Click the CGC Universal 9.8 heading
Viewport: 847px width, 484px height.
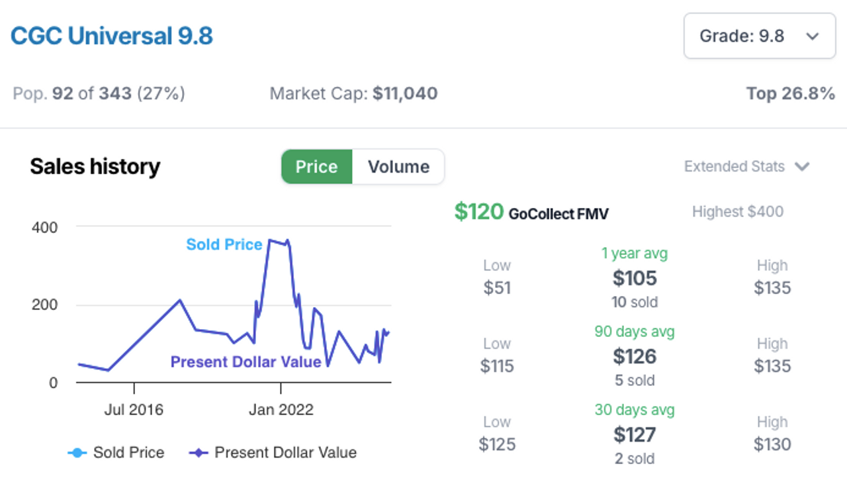(x=112, y=35)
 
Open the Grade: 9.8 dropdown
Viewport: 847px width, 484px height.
(x=759, y=36)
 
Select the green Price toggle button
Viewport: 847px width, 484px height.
(x=316, y=167)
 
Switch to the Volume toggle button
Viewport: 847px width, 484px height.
(x=398, y=167)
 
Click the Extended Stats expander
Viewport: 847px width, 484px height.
(x=746, y=167)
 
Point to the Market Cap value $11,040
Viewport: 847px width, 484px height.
(x=405, y=93)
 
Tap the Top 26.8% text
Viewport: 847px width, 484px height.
(x=790, y=93)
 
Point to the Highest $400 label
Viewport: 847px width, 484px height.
(x=737, y=212)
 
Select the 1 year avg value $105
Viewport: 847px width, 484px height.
(x=635, y=278)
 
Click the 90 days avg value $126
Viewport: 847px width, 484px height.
(x=635, y=356)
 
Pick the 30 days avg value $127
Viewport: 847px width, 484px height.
(x=635, y=434)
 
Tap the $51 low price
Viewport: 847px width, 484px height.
(x=497, y=288)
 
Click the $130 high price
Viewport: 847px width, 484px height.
(x=772, y=444)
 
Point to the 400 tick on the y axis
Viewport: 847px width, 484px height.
(x=44, y=227)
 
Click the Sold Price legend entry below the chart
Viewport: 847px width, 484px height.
(x=116, y=453)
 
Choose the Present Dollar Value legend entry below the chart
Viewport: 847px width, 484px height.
(x=273, y=453)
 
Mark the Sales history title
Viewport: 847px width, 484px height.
(x=95, y=167)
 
